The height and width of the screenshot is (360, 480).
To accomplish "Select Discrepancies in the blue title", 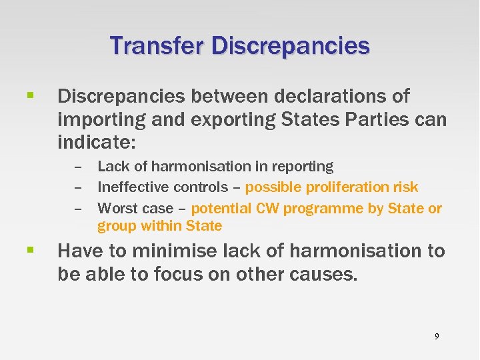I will coord(291,46).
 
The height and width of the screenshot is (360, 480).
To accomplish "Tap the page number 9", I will coord(437,337).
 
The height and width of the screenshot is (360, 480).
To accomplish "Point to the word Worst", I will coord(116,209).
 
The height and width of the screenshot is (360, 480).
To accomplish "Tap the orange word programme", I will coord(323,209).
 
